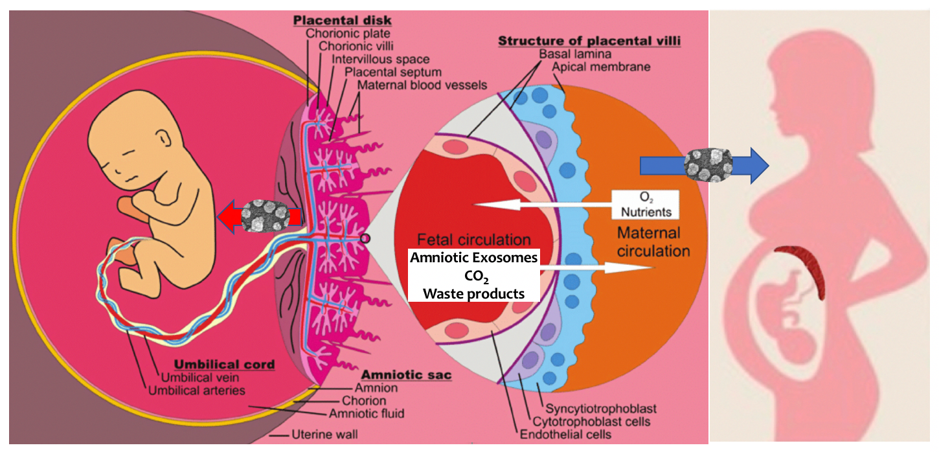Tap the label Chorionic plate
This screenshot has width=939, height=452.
(x=354, y=33)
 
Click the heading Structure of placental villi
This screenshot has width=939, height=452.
(x=589, y=41)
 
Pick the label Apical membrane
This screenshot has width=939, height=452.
(x=602, y=67)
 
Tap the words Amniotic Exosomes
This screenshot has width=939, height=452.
(x=473, y=258)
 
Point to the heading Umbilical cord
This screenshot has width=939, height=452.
(x=225, y=365)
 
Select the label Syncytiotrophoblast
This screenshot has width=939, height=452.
(x=601, y=409)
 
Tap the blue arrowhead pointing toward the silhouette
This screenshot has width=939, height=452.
(x=755, y=166)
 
